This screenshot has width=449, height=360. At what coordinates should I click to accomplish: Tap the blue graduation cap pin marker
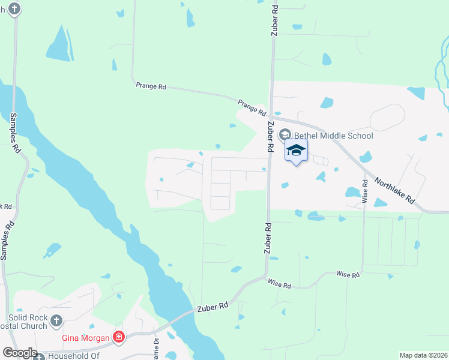[296, 150]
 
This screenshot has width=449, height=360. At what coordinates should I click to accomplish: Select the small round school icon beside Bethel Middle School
[285, 135]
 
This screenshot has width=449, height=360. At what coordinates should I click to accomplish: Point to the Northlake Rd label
[394, 190]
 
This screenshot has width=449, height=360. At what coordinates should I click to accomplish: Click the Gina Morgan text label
[86, 338]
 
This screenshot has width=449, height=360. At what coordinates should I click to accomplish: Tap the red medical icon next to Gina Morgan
[119, 338]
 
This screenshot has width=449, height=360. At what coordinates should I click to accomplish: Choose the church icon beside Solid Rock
[57, 320]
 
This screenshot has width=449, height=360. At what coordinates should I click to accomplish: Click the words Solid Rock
[27, 318]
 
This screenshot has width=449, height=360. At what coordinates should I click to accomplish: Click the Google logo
[19, 353]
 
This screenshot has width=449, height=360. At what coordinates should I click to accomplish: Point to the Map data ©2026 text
[424, 355]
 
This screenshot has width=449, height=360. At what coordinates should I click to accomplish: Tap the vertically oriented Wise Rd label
[364, 191]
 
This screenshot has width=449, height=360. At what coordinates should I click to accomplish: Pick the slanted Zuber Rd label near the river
[212, 307]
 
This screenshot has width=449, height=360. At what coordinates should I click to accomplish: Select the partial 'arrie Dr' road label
[155, 348]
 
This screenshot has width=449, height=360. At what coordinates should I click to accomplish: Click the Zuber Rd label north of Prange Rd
[274, 21]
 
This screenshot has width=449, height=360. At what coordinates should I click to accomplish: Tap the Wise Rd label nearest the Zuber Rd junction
[279, 283]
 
